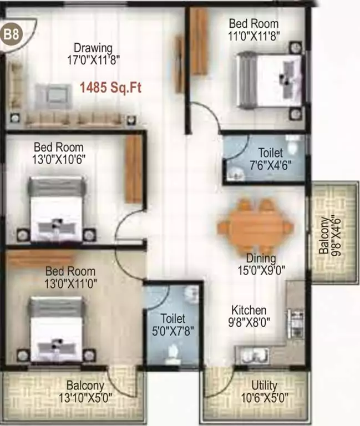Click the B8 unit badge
[12, 34]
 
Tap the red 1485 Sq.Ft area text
[111, 87]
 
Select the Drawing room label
[93, 48]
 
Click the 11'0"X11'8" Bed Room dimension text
[253, 35]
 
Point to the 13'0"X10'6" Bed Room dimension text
[59, 159]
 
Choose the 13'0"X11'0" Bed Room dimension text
[70, 283]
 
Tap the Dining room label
[261, 258]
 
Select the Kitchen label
[249, 310]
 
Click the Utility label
[264, 386]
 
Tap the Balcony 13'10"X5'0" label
[85, 391]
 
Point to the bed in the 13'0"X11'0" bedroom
[57, 328]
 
